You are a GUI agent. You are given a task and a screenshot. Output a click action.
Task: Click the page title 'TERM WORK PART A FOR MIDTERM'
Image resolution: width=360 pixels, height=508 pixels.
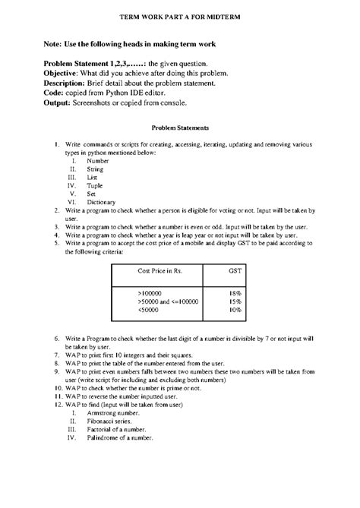click(x=179, y=16)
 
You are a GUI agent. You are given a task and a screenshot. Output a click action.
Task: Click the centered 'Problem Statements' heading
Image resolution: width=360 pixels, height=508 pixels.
click(x=180, y=128)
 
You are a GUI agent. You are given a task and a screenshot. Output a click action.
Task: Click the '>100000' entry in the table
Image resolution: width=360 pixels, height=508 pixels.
click(x=150, y=292)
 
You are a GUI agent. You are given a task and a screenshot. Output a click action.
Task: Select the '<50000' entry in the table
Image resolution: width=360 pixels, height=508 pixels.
click(x=149, y=310)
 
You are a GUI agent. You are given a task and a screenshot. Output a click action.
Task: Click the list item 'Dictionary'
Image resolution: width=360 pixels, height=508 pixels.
click(x=102, y=202)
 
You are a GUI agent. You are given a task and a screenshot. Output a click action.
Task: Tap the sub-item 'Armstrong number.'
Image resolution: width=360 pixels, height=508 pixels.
click(x=113, y=411)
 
